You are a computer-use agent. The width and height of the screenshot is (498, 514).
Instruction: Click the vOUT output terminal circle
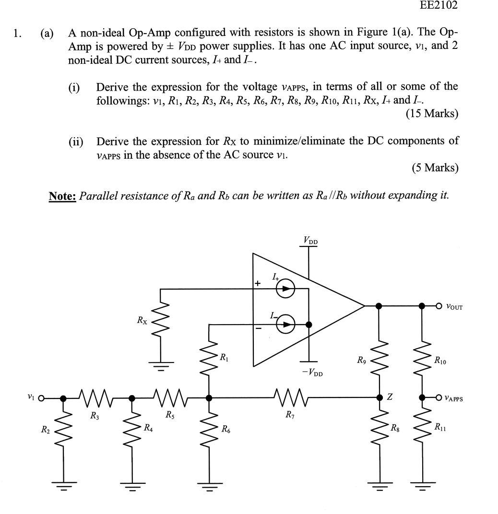[439, 305]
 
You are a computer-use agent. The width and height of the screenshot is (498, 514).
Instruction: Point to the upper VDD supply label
[309, 240]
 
